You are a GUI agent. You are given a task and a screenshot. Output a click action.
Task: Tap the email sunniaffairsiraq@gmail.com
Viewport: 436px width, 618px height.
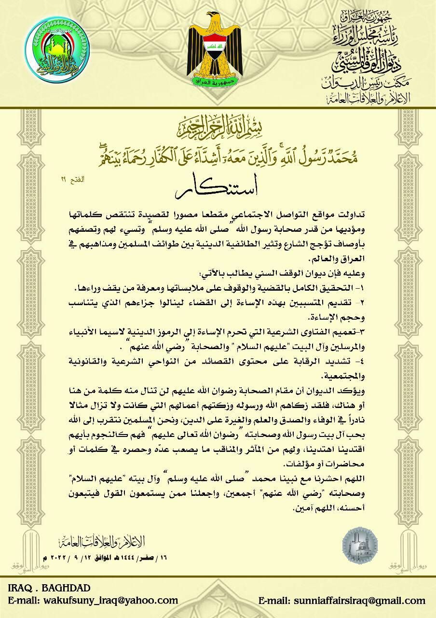click(342, 601)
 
